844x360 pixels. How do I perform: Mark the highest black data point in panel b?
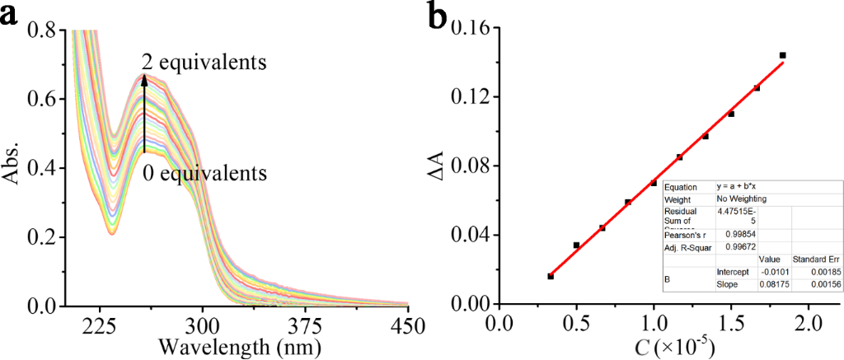pyautogui.click(x=782, y=55)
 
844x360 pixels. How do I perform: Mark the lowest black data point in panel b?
pyautogui.click(x=551, y=276)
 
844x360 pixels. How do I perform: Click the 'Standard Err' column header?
pyautogui.click(x=814, y=259)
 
